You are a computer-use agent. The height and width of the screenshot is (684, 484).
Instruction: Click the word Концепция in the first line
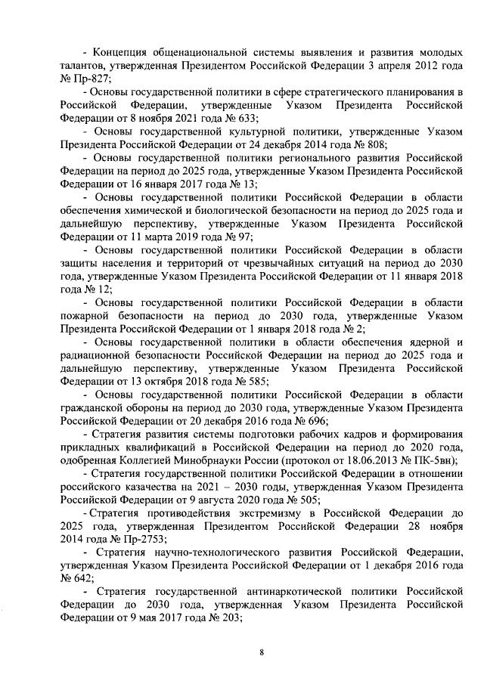pos(121,53)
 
